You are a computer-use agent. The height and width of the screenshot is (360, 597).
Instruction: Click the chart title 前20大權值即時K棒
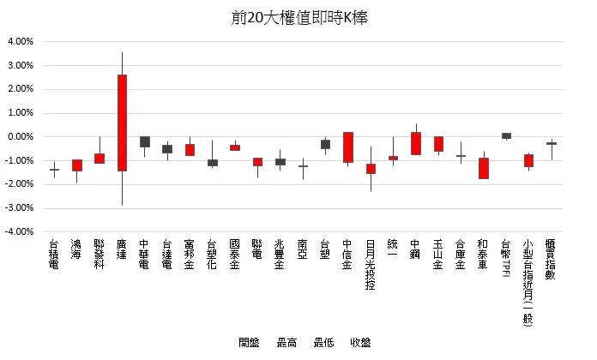point(298,17)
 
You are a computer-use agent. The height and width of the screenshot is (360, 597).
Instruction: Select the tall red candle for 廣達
point(123,123)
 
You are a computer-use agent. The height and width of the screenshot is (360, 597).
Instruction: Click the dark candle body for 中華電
point(145,141)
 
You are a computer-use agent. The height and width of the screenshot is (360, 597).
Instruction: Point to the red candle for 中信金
point(348,147)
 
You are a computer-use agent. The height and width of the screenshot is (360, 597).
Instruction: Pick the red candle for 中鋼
point(416,143)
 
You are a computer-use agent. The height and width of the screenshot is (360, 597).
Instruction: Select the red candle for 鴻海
point(77,165)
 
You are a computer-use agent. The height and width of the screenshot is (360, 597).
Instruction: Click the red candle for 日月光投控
point(371,168)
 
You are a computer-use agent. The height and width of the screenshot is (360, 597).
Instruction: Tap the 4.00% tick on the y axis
point(20,41)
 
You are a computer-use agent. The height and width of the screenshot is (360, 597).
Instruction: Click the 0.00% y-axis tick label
point(20,136)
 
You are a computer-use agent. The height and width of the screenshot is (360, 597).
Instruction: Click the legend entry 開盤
point(248,343)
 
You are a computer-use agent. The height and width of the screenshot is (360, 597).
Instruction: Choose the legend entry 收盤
point(360,343)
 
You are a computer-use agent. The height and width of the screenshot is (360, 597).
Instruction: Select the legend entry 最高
point(286,343)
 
